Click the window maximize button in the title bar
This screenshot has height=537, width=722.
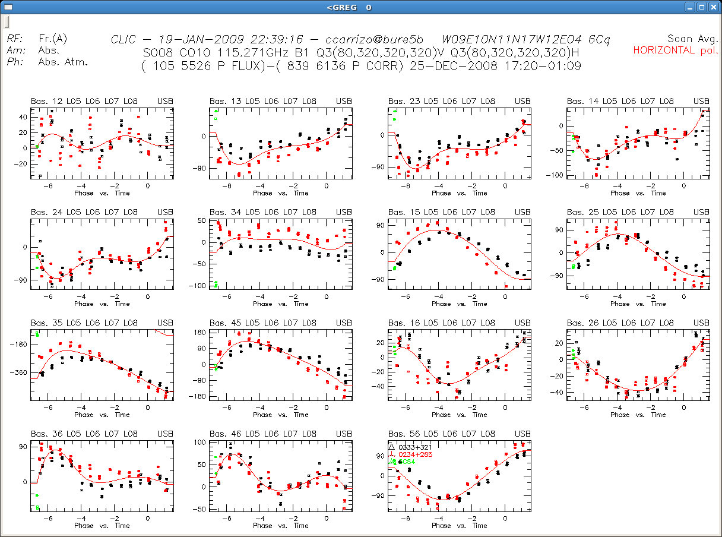pyautogui.click(x=702, y=7)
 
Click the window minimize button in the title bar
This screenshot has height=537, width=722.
pyautogui.click(x=689, y=7)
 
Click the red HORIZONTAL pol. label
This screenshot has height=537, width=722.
pyautogui.click(x=676, y=50)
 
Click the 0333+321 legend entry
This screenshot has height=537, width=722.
pyautogui.click(x=415, y=447)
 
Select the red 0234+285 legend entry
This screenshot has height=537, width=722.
pyautogui.click(x=415, y=454)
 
